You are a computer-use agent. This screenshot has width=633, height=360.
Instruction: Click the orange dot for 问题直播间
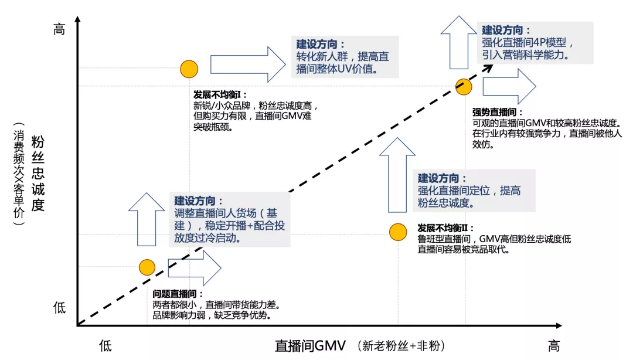click(147, 267)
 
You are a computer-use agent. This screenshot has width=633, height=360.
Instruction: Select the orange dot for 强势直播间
click(464, 87)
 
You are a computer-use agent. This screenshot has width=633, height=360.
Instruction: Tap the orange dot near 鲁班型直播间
click(398, 232)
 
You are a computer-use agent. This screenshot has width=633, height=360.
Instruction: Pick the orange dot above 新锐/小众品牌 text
click(189, 69)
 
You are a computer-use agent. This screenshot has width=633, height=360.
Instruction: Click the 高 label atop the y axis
click(59, 29)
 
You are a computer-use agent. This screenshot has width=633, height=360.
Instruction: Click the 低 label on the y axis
click(59, 307)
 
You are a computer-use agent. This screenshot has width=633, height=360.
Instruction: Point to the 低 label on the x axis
click(105, 345)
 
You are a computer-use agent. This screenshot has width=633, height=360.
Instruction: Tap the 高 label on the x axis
click(554, 345)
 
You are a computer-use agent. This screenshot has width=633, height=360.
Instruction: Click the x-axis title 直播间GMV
click(311, 345)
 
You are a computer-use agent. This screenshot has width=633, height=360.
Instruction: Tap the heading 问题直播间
click(178, 294)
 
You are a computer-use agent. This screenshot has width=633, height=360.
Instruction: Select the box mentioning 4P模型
click(535, 43)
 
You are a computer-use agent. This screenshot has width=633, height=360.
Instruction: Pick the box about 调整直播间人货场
click(230, 219)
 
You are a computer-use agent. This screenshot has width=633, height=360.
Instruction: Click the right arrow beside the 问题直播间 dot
click(194, 267)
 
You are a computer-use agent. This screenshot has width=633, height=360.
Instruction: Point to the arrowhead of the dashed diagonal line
click(488, 66)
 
